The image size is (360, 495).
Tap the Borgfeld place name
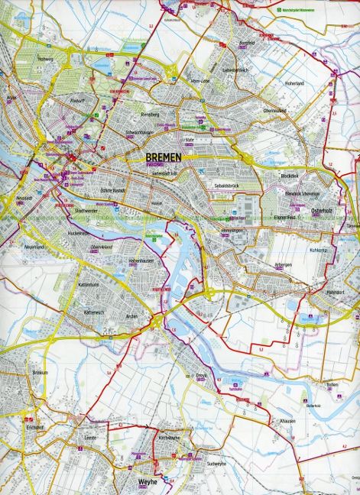(x=246, y=44)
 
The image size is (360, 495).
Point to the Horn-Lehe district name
(x=200, y=82)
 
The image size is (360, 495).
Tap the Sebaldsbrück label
(x=229, y=186)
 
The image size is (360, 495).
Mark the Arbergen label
(x=284, y=264)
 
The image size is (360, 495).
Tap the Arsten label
(x=132, y=316)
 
